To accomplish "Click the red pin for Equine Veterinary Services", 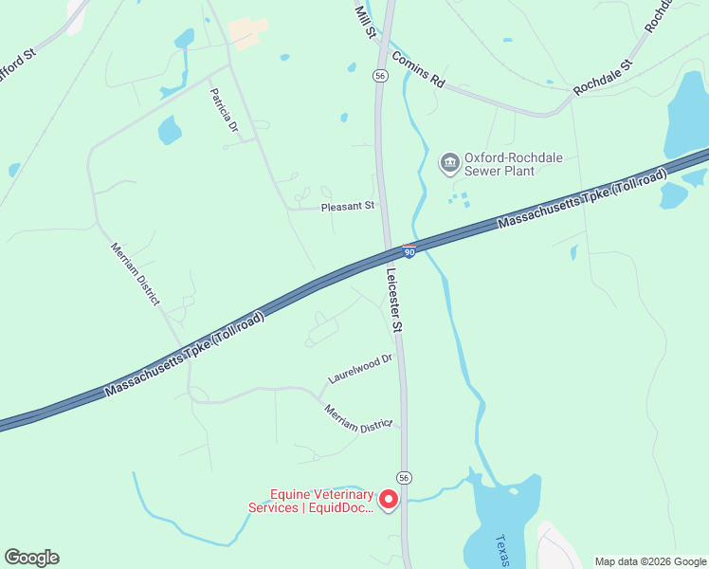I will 388,499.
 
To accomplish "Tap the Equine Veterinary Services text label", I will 320,501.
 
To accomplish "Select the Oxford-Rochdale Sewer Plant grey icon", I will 448,164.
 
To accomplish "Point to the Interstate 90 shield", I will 409,251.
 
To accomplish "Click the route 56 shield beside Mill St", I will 379,75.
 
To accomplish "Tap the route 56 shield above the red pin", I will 404,477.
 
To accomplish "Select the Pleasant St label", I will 348,205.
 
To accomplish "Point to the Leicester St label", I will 395,299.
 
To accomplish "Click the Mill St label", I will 364,21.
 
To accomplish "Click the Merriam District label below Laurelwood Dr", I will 357,418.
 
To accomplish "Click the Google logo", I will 31,558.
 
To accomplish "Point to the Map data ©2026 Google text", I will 649,561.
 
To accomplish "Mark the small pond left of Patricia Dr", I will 170,130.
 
